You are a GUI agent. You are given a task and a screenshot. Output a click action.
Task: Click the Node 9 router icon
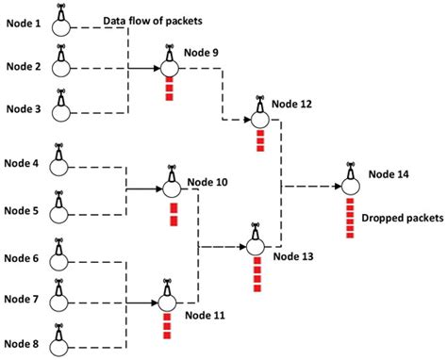(170, 65)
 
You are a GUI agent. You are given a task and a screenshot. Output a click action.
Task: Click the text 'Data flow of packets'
(151, 20)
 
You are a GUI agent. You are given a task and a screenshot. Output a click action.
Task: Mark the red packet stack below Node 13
(257, 274)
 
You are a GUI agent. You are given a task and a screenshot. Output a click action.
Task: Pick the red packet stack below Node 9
(170, 90)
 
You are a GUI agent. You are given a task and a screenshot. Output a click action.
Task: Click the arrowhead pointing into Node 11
(153, 303)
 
